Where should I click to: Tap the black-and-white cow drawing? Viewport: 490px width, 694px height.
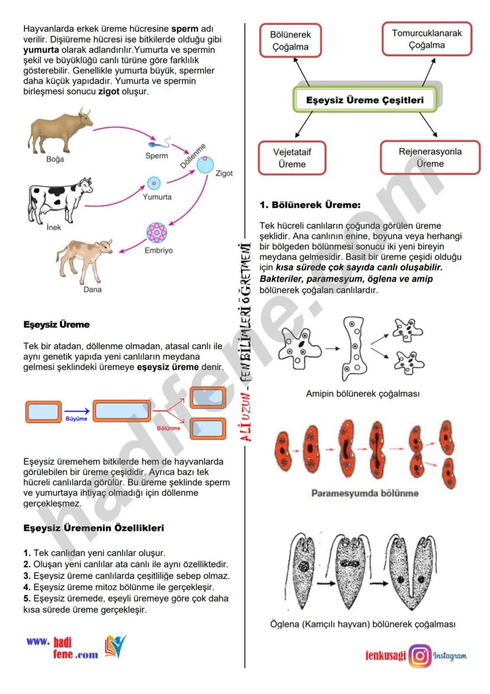click(59, 199)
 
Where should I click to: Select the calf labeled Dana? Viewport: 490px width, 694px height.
click(89, 261)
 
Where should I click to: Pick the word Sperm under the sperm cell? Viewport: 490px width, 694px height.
click(156, 156)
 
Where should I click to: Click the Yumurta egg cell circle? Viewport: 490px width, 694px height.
click(153, 183)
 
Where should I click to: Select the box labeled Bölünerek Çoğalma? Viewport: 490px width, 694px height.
click(291, 41)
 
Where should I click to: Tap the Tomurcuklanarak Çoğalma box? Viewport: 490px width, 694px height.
click(427, 39)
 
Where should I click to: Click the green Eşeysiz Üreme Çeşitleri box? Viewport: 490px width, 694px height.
click(365, 101)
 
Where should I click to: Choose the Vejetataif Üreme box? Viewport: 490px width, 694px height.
click(292, 158)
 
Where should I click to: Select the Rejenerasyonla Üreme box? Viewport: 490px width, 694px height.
click(430, 158)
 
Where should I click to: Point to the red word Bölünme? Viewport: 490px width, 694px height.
click(169, 428)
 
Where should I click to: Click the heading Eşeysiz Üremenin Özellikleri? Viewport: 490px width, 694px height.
click(94, 527)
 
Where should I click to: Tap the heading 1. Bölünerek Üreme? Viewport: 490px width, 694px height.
click(310, 205)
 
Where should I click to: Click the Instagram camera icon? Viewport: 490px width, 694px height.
click(420, 655)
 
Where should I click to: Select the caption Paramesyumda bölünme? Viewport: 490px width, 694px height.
click(365, 493)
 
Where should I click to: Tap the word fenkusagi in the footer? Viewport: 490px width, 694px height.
click(385, 655)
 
